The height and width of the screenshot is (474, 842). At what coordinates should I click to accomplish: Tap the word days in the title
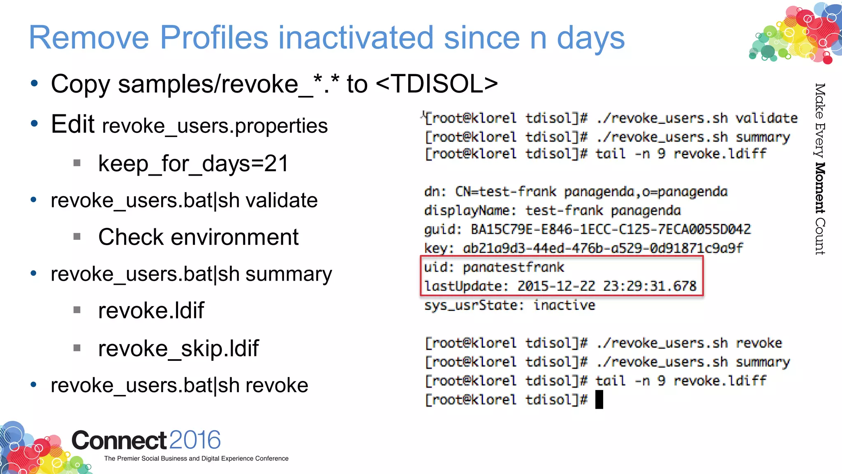pos(590,38)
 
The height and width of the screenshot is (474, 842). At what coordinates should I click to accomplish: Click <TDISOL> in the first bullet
pos(437,84)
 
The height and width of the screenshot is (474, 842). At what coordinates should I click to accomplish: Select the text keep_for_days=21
pos(193,164)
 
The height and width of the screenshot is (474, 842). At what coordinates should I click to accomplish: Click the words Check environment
pos(198,237)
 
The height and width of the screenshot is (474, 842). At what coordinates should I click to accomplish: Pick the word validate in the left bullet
pos(282,201)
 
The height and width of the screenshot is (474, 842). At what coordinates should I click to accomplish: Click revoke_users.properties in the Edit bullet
pos(215,126)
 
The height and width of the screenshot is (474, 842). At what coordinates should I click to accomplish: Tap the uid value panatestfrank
pos(514,267)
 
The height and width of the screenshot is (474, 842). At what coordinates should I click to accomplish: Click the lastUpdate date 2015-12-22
pos(556,286)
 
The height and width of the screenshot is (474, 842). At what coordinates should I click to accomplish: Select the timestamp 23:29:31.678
pos(650,286)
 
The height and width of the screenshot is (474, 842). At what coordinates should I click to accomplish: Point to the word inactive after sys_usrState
pos(564,305)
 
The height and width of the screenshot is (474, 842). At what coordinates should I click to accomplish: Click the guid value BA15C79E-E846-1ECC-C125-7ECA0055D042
pos(611,229)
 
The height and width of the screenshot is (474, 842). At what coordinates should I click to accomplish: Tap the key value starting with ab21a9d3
pos(603,248)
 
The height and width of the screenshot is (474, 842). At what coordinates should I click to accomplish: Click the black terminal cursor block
pos(599,399)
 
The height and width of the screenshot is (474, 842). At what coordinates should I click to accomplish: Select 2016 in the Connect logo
pos(195,440)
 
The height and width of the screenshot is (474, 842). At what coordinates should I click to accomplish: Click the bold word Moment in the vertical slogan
pos(820,188)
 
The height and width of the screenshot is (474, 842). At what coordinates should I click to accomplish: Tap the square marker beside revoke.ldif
pos(77,310)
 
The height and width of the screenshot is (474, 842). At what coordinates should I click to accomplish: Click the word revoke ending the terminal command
pos(759,343)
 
